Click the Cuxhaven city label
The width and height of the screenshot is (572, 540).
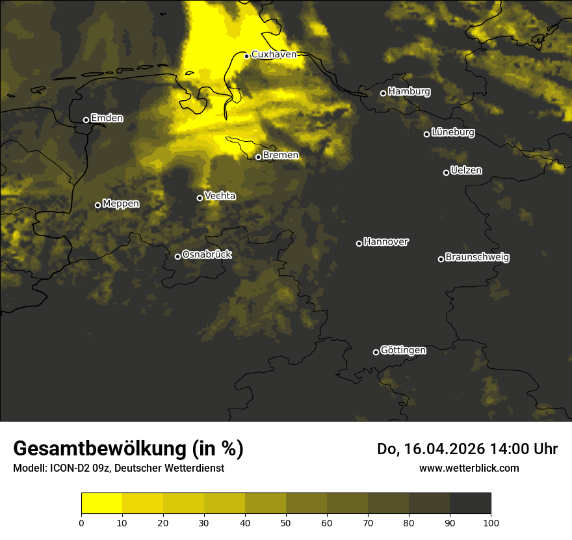tap(274, 55)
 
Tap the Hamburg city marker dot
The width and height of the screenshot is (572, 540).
tap(383, 93)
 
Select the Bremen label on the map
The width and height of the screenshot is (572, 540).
tap(281, 155)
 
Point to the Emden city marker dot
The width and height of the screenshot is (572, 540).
tap(86, 120)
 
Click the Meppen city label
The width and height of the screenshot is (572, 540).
tap(121, 204)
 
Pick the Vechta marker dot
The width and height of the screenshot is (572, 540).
tap(200, 198)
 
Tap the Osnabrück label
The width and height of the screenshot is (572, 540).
tap(207, 254)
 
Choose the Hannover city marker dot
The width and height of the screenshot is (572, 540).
tap(359, 243)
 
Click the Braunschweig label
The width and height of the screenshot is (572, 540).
tap(477, 258)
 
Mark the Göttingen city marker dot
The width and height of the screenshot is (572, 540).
tap(376, 352)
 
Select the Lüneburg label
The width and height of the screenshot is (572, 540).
tap(452, 133)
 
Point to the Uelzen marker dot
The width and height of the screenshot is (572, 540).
tap(446, 172)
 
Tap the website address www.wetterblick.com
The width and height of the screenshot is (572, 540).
tap(469, 468)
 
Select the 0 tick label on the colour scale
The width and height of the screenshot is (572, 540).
tap(81, 522)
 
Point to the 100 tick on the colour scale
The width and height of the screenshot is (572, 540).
tap(491, 522)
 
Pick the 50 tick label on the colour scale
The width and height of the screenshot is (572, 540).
tap(286, 522)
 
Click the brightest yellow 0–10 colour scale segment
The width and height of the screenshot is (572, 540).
tap(101, 504)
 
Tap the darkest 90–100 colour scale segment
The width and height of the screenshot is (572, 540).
tap(470, 504)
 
